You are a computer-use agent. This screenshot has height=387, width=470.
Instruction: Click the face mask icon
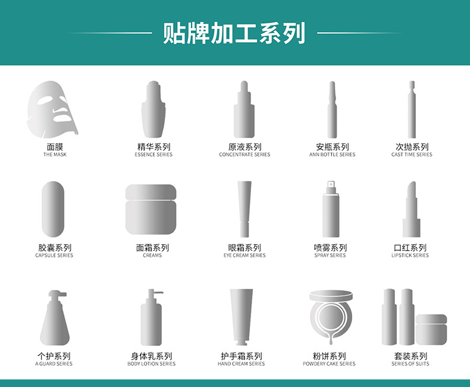click(x=52, y=110)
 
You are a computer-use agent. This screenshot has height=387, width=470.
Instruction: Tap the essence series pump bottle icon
click(x=153, y=110)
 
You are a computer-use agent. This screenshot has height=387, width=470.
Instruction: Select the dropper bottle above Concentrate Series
click(x=244, y=110)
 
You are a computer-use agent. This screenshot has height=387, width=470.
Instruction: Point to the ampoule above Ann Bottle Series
click(x=332, y=110)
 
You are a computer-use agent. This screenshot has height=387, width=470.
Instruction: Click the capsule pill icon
click(x=53, y=209)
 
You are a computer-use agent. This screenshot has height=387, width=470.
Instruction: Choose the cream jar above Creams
click(x=151, y=210)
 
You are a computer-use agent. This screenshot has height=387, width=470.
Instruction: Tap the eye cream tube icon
click(x=245, y=209)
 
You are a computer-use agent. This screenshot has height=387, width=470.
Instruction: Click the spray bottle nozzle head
click(x=331, y=184)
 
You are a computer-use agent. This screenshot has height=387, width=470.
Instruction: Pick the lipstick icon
click(x=411, y=209)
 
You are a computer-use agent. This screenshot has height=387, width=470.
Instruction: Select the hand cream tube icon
click(x=242, y=317)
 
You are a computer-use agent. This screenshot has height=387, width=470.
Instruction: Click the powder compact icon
click(x=331, y=317)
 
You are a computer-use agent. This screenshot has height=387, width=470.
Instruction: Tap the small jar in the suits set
click(x=431, y=329)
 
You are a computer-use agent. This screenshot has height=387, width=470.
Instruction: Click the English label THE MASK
click(x=55, y=154)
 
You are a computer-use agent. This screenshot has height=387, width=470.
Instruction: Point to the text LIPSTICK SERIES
click(x=410, y=255)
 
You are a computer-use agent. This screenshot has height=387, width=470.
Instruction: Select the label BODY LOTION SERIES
click(x=151, y=364)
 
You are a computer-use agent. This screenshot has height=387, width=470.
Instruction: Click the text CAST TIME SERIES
click(x=412, y=154)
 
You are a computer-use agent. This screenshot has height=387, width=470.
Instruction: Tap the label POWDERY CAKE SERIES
click(x=329, y=364)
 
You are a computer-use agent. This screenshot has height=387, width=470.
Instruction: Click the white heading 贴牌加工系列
click(x=234, y=33)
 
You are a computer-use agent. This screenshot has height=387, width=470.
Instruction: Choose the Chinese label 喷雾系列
click(x=330, y=248)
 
